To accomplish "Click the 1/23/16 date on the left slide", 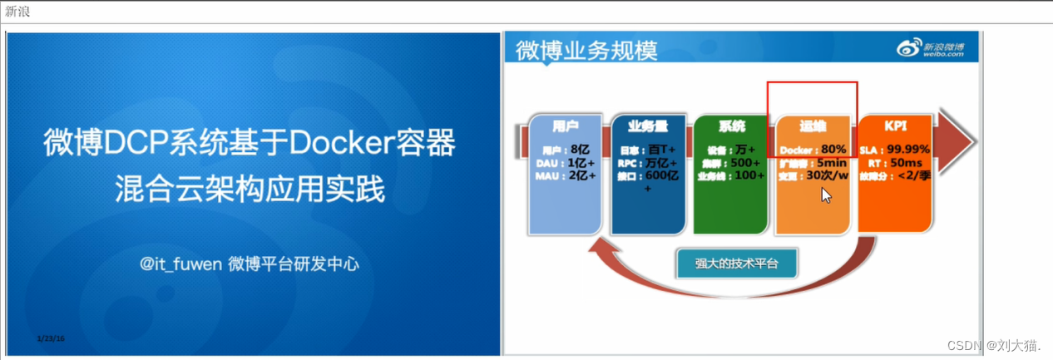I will (51, 338).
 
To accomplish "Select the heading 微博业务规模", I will (586, 50).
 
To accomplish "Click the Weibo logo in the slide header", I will (931, 49).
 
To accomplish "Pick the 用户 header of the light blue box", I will (566, 126).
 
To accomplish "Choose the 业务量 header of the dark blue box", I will (648, 126).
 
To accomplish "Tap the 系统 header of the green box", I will (731, 126).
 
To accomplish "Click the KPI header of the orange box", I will (895, 126).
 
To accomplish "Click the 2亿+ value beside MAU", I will (583, 175).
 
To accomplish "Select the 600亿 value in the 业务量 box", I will (663, 175).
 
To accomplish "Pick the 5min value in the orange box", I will (831, 163).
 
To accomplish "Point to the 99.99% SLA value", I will (908, 150).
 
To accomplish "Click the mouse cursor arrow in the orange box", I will (825, 195).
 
